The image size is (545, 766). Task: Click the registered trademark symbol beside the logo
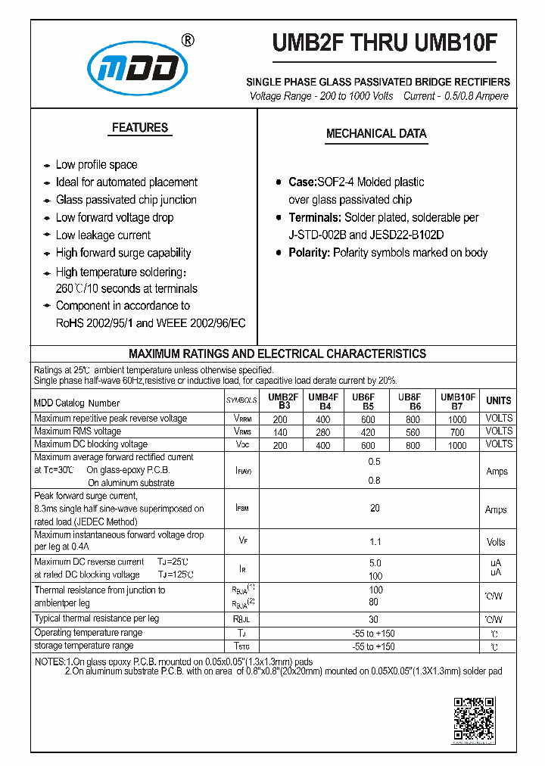coord(189,40)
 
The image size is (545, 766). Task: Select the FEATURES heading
coord(140,128)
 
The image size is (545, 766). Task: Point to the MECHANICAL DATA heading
coord(376,134)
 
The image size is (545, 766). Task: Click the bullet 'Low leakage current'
coord(103,235)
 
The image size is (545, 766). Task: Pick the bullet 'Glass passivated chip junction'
coord(126,200)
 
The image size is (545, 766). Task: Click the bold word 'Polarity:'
coord(310,253)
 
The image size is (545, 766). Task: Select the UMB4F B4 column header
coord(323,401)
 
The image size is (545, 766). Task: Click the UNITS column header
coord(498,400)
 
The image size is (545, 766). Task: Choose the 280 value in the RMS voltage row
coord(323,431)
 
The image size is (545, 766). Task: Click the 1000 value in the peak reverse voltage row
coord(457,419)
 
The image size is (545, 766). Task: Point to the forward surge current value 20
coord(375,509)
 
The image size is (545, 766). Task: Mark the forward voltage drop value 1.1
coord(375,542)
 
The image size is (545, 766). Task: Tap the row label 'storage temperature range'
coord(84,646)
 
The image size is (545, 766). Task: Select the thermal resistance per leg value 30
coord(375,619)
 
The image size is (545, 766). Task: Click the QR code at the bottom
coord(474,720)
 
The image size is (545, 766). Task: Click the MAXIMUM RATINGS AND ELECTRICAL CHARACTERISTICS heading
coord(277,353)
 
